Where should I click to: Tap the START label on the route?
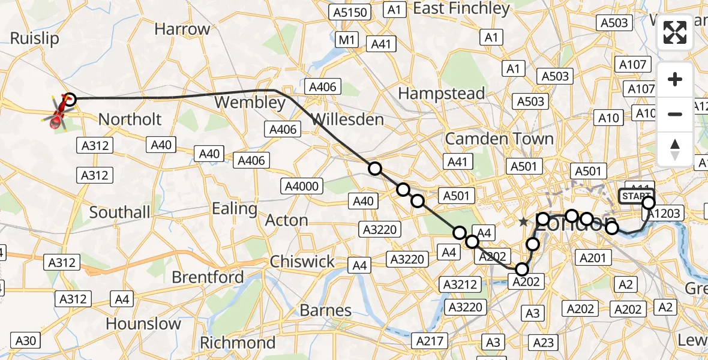pos(636,196)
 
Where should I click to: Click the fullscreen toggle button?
pos(675,32)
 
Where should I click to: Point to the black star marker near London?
pos(524,222)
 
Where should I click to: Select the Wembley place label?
pos(250,103)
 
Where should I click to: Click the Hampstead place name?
pos(441,94)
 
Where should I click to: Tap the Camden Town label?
pos(499,139)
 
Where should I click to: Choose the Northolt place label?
pos(130,119)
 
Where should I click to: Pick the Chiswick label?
pos(302,262)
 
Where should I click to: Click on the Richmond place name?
pos(237,343)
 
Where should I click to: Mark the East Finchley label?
pos(461,8)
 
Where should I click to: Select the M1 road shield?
pos(347,40)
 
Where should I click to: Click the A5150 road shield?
pos(350,12)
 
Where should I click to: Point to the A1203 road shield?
pos(665,213)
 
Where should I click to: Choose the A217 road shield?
pos(431,341)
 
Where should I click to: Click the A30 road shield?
pos(26,341)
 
